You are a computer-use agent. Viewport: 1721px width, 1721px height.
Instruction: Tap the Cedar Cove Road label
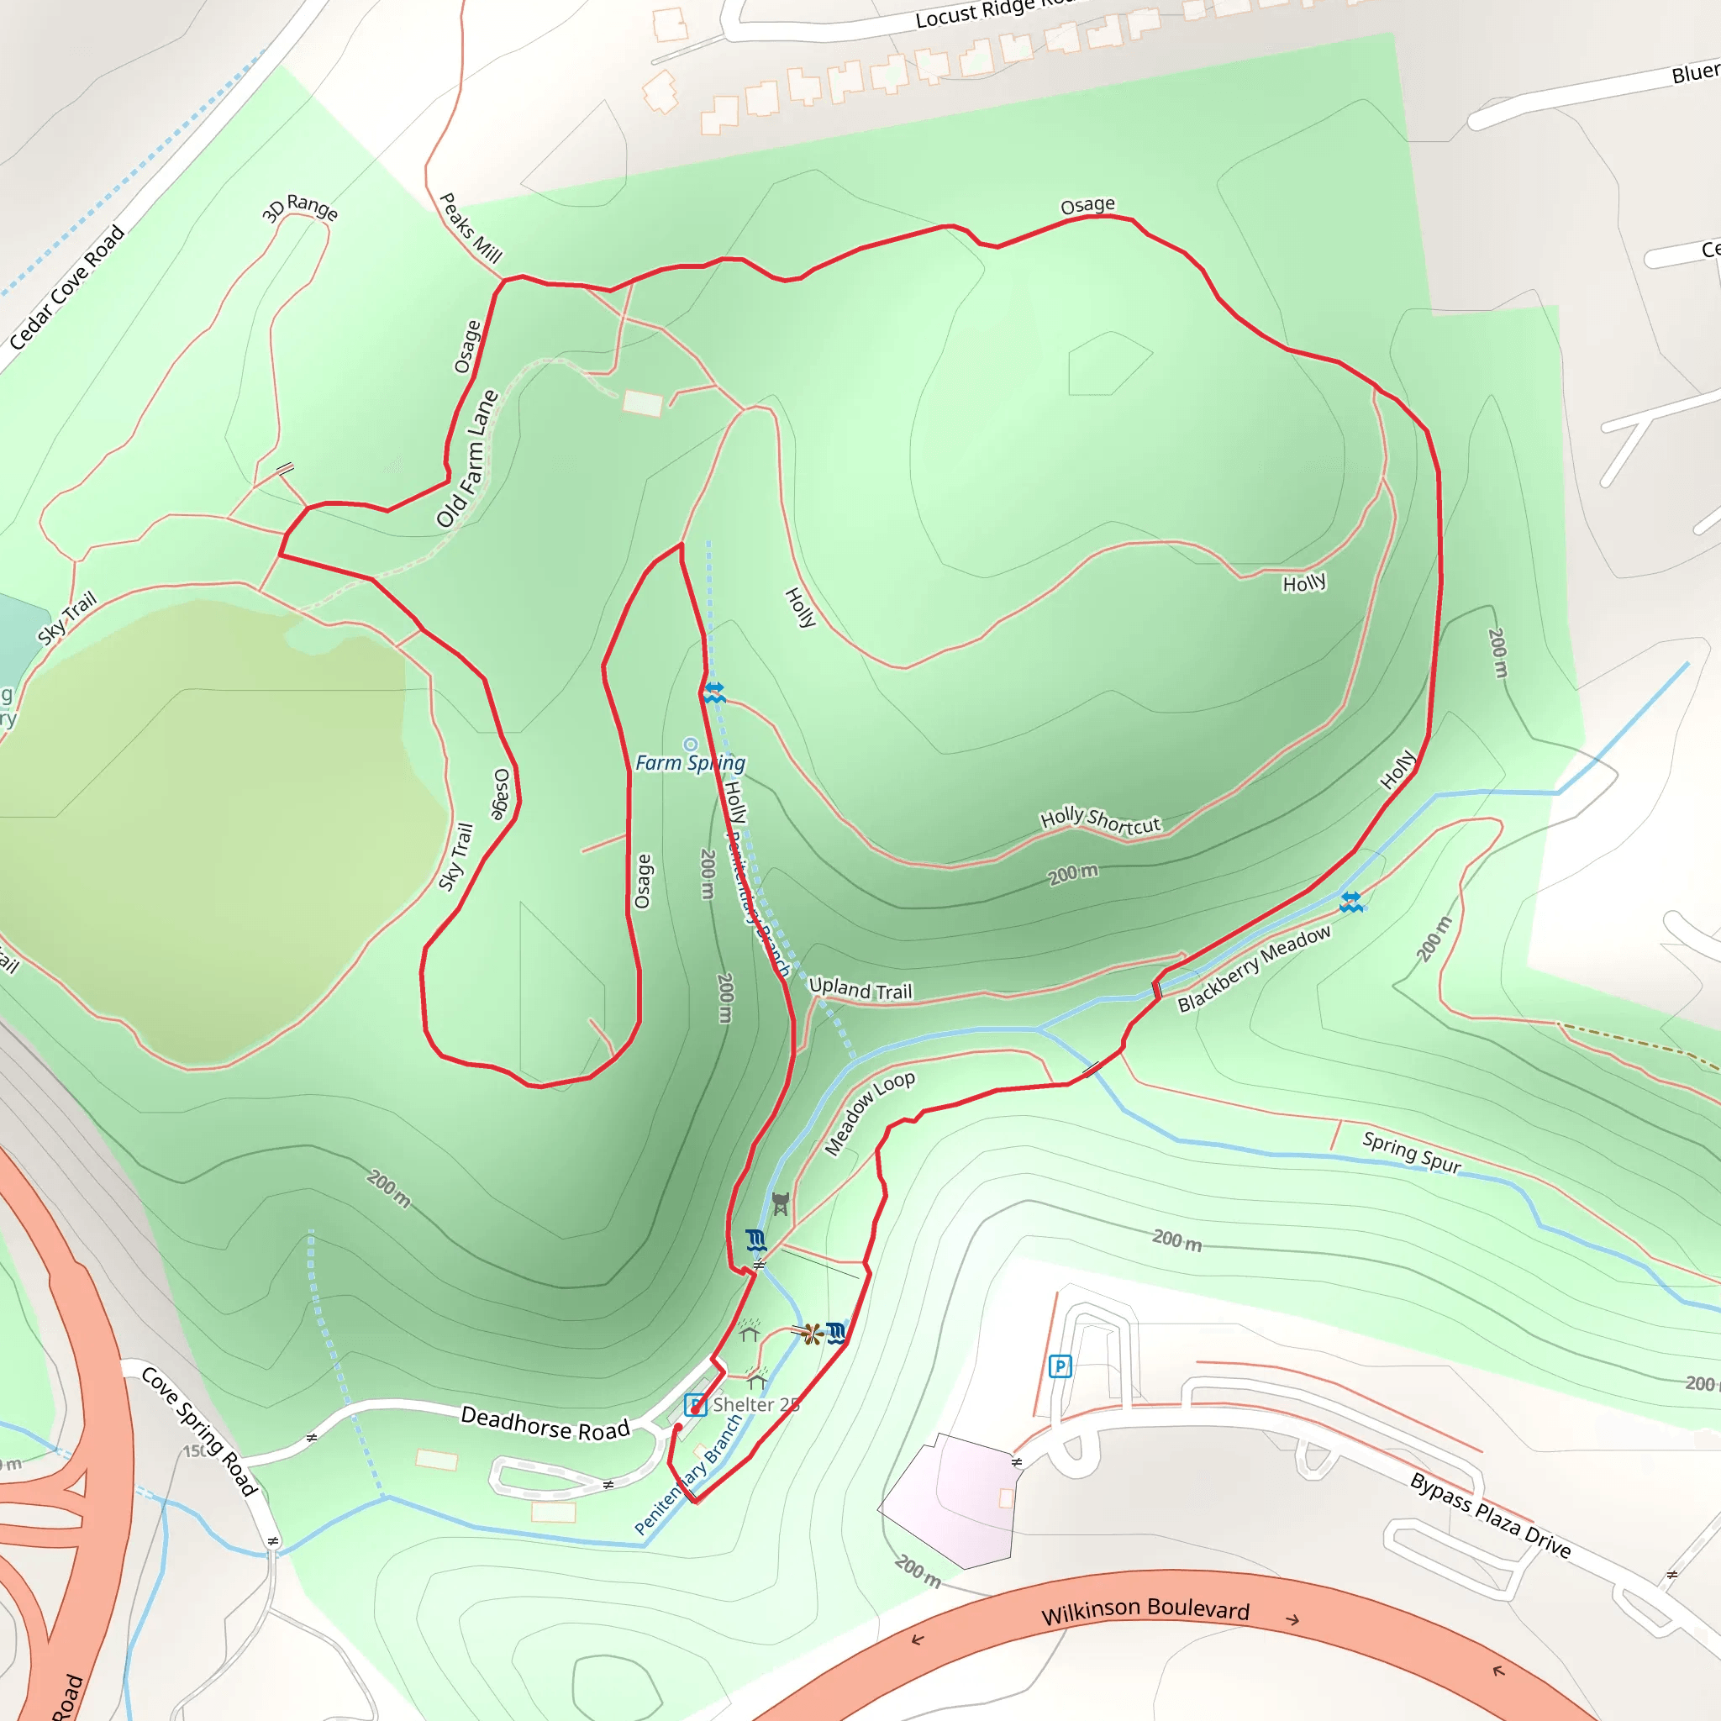(x=67, y=287)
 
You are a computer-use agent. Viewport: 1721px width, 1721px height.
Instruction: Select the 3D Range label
(x=300, y=208)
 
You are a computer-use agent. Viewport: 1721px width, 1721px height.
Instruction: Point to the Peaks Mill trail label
(x=471, y=228)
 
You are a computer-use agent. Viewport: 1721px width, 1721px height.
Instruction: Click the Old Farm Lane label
(x=468, y=459)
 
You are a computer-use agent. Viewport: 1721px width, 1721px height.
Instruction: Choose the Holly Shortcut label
(x=1100, y=820)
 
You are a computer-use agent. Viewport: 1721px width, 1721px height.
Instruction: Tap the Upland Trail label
(x=860, y=989)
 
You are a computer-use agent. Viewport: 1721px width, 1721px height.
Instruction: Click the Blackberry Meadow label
(x=1255, y=968)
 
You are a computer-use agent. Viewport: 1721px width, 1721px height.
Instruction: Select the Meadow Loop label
(x=870, y=1113)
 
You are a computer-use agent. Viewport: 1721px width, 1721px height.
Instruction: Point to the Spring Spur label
(x=1412, y=1152)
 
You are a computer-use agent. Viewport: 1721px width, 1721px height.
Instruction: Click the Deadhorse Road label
(x=545, y=1423)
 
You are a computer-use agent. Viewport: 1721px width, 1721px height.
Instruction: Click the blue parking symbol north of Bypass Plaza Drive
(x=1060, y=1366)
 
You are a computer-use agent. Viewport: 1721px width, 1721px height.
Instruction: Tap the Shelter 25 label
(x=756, y=1405)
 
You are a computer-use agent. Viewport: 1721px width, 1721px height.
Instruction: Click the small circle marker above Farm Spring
(x=691, y=745)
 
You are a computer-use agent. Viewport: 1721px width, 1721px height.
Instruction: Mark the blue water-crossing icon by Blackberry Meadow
(x=1351, y=903)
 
